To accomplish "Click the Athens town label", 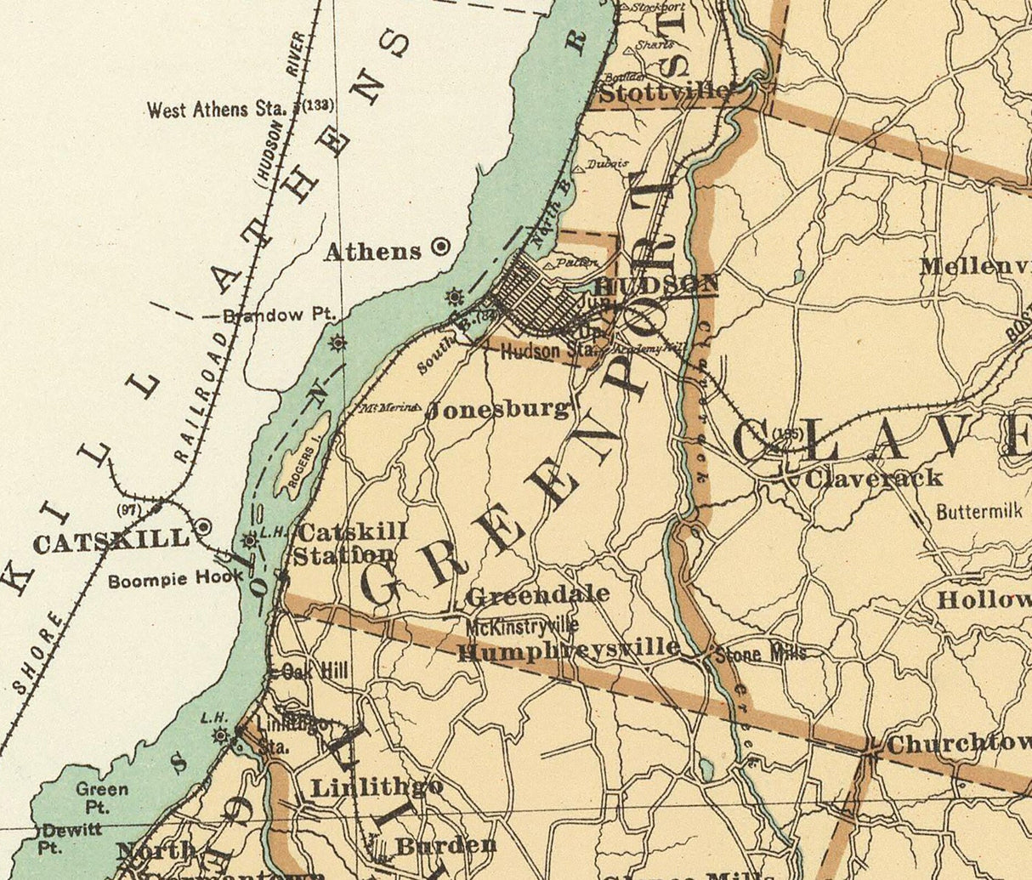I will point(372,251).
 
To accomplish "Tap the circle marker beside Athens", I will point(440,247).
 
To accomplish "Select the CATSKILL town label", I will point(111,541).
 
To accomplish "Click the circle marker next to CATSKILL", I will point(202,527).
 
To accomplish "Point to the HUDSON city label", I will point(656,285).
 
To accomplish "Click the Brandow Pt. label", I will point(280,315).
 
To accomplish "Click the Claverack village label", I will point(873,478).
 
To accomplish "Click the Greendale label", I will point(537,594).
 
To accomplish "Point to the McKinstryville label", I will point(522,627).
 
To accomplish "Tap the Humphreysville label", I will point(568,650).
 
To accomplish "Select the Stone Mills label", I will point(759,654).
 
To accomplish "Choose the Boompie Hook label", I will point(175,582).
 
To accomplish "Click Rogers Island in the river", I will point(302,455).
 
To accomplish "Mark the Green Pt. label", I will point(101,797).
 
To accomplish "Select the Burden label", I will point(445,845).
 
